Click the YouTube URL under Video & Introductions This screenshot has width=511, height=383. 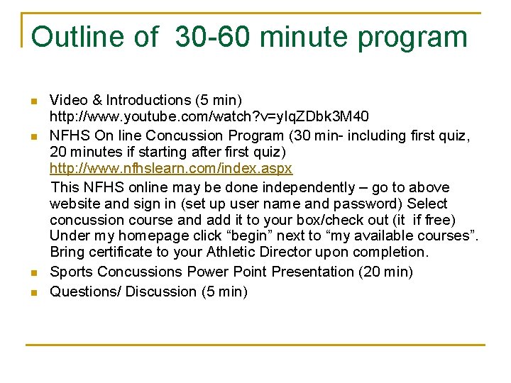point(209,116)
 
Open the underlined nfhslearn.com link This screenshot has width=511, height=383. point(171,169)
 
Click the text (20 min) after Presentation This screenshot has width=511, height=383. point(386,272)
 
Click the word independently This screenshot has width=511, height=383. point(309,187)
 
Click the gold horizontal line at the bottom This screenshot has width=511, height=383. point(255,345)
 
